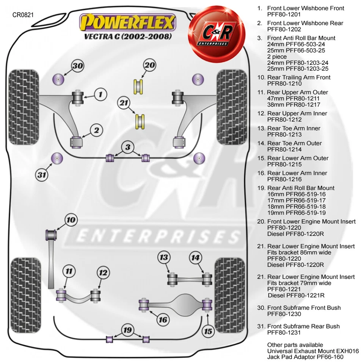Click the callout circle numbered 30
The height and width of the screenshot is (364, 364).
click(78, 66)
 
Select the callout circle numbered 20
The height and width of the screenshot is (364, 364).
click(149, 65)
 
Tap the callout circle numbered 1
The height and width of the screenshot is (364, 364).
click(100, 94)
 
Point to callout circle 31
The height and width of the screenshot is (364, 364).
click(42, 175)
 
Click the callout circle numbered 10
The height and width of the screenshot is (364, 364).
click(71, 220)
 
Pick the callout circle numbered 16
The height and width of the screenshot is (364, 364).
click(163, 320)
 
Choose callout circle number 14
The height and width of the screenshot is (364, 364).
click(195, 258)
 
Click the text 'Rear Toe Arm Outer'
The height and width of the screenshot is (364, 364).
click(294, 143)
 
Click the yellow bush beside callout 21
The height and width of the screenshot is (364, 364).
click(141, 121)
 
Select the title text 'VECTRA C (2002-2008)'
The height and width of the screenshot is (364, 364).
click(128, 37)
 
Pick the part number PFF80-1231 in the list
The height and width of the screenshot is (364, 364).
click(284, 333)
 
